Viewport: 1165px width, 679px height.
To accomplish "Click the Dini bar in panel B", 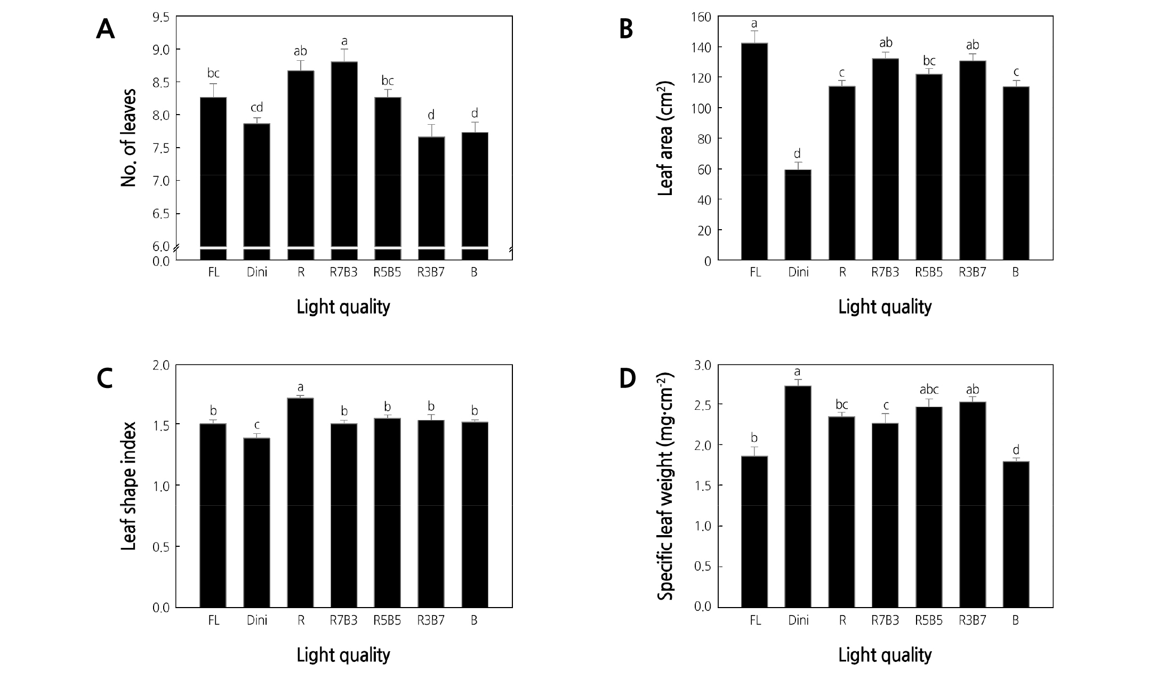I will point(799,215).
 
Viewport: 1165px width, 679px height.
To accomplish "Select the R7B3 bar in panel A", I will point(344,160).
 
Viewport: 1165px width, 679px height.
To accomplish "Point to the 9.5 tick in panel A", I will point(161,17).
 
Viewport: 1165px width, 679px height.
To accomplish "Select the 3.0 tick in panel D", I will point(703,365).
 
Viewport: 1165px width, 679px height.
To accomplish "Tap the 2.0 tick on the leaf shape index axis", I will point(161,365).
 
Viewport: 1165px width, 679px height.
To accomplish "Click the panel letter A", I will point(105,30).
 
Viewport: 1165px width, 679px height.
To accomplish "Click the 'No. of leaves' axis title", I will point(128,138).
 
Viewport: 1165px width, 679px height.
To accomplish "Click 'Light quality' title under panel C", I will point(343,654).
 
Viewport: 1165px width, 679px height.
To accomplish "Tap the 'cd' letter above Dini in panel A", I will point(257,107).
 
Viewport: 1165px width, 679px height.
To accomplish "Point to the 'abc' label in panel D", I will point(929,390).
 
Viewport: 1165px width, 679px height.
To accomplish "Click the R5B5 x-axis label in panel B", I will point(929,272).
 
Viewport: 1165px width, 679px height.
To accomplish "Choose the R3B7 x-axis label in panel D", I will point(973,620).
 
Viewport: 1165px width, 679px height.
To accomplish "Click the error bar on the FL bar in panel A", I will point(213,90).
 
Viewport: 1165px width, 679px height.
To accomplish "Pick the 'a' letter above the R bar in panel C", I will point(301,387).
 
